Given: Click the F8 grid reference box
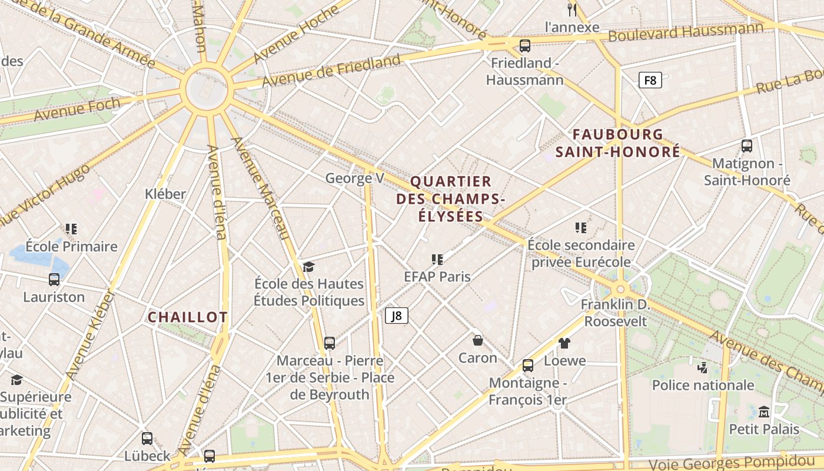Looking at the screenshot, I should [x=650, y=80].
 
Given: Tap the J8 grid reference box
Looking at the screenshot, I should [x=397, y=316].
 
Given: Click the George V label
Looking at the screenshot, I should [x=355, y=178].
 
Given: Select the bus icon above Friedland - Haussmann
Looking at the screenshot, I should [x=524, y=45].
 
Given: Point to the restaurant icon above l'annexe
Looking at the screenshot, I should [x=572, y=9].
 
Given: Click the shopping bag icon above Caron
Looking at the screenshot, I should [x=478, y=340].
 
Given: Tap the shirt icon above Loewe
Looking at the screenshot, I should [x=564, y=343].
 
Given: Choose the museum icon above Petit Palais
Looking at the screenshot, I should [x=764, y=411].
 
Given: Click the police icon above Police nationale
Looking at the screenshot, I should [x=702, y=368].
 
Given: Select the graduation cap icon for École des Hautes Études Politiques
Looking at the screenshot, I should [x=308, y=267].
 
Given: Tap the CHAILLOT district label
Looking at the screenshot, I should [x=187, y=317].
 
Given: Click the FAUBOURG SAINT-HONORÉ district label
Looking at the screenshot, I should [x=618, y=143].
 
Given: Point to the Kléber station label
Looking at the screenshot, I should [x=165, y=194].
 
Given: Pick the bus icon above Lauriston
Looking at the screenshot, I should [x=54, y=280].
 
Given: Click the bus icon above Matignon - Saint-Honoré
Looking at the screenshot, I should [x=747, y=145].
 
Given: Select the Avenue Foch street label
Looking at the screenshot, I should [x=77, y=110].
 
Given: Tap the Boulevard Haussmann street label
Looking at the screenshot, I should [x=686, y=32].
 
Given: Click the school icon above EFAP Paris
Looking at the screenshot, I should [x=437, y=259].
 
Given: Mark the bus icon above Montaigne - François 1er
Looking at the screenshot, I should [x=528, y=366].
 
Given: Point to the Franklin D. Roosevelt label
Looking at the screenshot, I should [x=615, y=313].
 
